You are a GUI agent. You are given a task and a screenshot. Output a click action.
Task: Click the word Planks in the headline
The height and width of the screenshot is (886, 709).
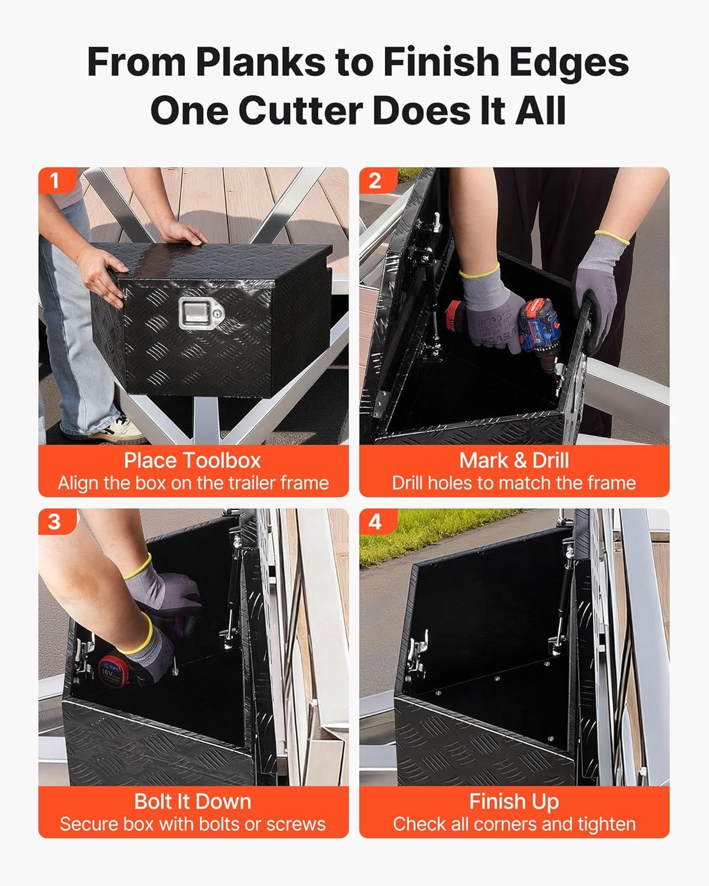pos(261,62)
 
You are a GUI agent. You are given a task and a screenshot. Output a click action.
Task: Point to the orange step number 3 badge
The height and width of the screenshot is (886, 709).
pos(57,522)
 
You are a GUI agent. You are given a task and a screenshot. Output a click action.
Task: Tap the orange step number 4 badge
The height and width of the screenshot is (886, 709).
pos(378,522)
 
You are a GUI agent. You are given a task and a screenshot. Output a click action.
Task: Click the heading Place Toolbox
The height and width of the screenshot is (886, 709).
pos(193,460)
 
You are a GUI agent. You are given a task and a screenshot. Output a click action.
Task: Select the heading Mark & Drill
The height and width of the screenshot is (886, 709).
pos(514,460)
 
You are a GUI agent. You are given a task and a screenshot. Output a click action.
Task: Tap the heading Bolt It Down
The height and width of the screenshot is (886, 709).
pos(193,802)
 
